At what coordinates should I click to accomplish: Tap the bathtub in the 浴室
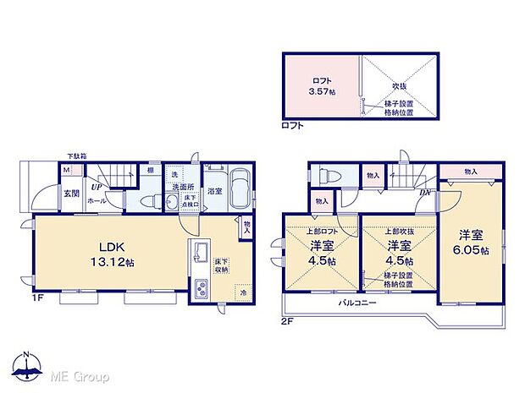pos(240,188)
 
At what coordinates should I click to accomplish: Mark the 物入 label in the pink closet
pos(471,172)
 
